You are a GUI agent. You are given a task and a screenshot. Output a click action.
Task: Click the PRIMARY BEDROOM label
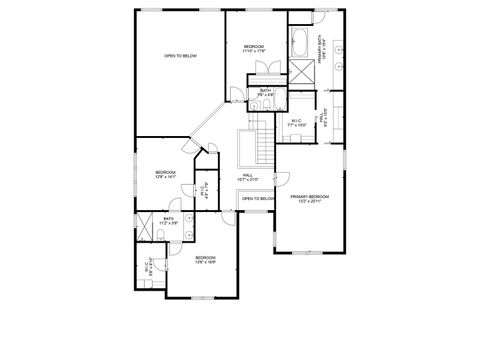pyautogui.click(x=310, y=198)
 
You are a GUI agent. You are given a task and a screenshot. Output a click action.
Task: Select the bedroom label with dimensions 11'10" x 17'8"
pyautogui.click(x=253, y=49)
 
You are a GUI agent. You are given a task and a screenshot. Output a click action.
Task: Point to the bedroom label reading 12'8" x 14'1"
pyautogui.click(x=165, y=175)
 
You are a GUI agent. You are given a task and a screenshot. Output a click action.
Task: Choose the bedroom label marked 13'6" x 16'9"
pyautogui.click(x=204, y=260)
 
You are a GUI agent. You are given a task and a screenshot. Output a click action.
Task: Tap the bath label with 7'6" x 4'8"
pyautogui.click(x=265, y=93)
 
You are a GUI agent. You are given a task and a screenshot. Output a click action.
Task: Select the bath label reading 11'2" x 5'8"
pyautogui.click(x=169, y=220)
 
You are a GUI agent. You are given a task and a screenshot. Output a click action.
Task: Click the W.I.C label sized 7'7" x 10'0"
pyautogui.click(x=296, y=123)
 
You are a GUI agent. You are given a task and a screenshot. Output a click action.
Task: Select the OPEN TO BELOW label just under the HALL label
pyautogui.click(x=257, y=199)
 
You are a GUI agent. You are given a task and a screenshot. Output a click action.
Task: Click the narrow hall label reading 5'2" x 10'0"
pyautogui.click(x=322, y=117)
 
